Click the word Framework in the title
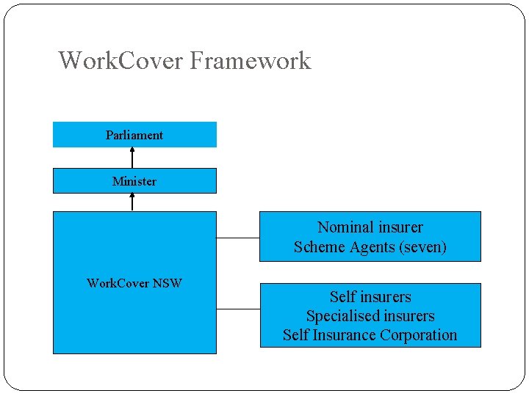point(250,60)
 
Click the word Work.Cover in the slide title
point(120,60)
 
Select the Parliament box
point(134,135)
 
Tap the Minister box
point(134,181)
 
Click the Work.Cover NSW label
point(134,283)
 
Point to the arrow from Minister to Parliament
point(132,158)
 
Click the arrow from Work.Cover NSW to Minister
point(132,202)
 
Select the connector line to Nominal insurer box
point(238,238)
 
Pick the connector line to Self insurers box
point(238,309)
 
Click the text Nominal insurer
point(370,227)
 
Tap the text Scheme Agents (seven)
point(370,247)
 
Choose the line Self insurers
point(370,297)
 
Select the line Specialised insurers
point(370,316)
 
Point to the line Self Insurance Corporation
point(370,335)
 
